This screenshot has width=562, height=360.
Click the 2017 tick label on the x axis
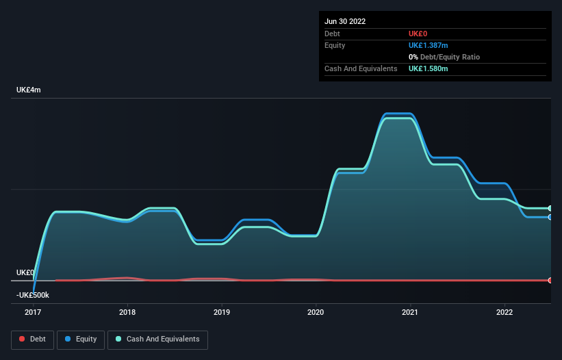click(x=32, y=312)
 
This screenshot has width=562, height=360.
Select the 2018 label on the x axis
click(x=127, y=312)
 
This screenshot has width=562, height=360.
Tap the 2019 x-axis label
click(x=221, y=312)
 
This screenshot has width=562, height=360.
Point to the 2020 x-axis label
click(x=316, y=312)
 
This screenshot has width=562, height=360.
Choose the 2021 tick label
click(x=410, y=312)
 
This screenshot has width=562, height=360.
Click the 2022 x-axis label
click(x=504, y=312)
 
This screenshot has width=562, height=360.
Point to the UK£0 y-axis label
click(x=25, y=272)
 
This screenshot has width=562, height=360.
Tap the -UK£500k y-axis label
click(x=34, y=295)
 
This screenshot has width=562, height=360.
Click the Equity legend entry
click(x=81, y=339)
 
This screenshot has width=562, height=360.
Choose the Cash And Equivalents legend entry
click(x=157, y=339)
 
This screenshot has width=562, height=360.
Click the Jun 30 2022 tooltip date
click(x=345, y=21)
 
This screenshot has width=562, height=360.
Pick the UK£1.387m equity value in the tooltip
click(x=429, y=45)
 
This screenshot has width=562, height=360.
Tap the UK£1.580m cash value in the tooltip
click(x=429, y=68)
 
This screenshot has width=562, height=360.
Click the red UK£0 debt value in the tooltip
click(x=418, y=34)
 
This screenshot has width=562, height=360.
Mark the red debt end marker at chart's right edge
click(x=550, y=281)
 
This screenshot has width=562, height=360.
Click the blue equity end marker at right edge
click(x=550, y=217)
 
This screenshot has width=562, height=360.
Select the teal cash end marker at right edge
click(x=550, y=208)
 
